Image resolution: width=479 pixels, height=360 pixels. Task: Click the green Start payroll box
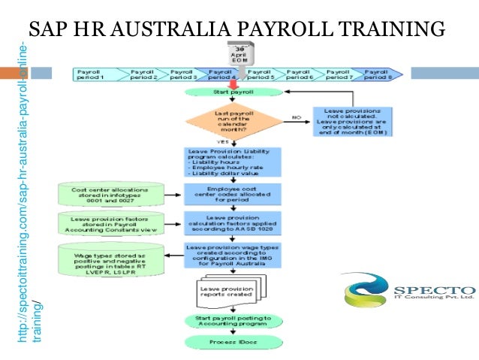tap(233, 92)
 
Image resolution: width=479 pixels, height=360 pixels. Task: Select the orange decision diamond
tap(233, 120)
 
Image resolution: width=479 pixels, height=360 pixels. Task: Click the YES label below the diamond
tap(224, 141)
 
